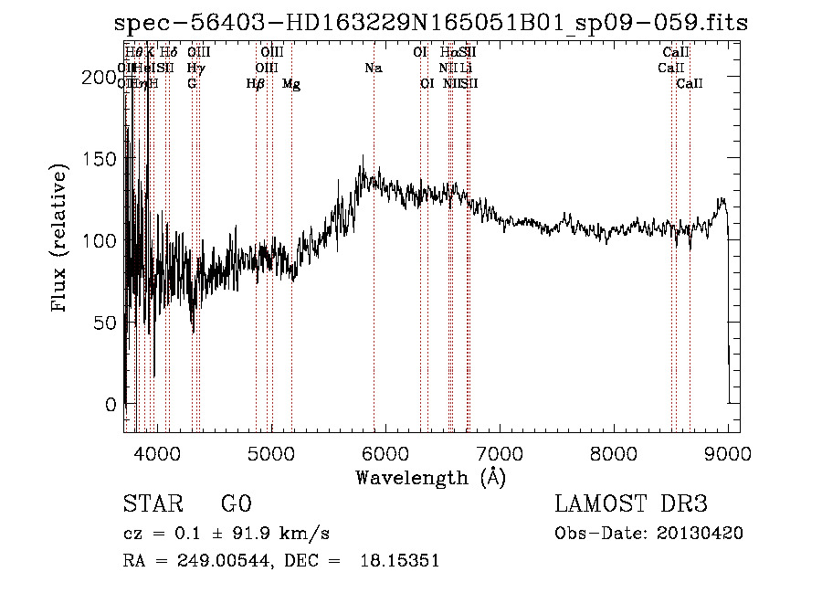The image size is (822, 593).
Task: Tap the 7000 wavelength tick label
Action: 499,452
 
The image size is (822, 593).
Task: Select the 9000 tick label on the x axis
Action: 728,452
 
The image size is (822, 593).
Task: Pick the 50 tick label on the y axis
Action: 106,323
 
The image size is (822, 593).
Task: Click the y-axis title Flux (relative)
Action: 61,240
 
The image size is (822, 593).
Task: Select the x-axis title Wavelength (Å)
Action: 430,477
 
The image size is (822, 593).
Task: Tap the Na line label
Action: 373,68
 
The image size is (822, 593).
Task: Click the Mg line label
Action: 291,84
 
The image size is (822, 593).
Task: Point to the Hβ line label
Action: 256,84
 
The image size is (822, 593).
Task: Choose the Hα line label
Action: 448,52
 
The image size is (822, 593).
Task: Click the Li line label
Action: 466,68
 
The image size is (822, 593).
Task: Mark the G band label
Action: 192,84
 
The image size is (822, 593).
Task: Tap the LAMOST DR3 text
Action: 631,503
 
